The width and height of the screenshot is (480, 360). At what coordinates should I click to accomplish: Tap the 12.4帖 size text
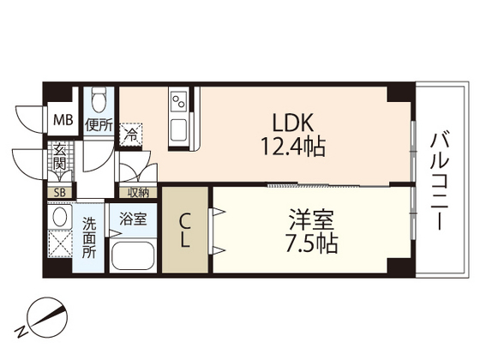[x=292, y=147]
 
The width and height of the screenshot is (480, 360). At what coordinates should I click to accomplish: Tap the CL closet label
[x=184, y=230]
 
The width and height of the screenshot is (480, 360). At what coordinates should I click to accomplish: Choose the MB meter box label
[x=63, y=120]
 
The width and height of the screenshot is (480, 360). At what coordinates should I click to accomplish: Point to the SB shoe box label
[x=60, y=193]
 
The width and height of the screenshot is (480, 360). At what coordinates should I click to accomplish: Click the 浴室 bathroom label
[x=132, y=218]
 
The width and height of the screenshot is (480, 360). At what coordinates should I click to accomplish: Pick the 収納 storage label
[x=138, y=193]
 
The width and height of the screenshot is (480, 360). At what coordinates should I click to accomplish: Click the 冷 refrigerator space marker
[x=130, y=133]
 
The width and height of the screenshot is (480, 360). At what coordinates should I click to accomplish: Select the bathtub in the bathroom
[x=132, y=255]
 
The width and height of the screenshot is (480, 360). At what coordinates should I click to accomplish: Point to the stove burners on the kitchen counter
[x=179, y=102]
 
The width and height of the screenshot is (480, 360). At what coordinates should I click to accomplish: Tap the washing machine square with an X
[x=59, y=246]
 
